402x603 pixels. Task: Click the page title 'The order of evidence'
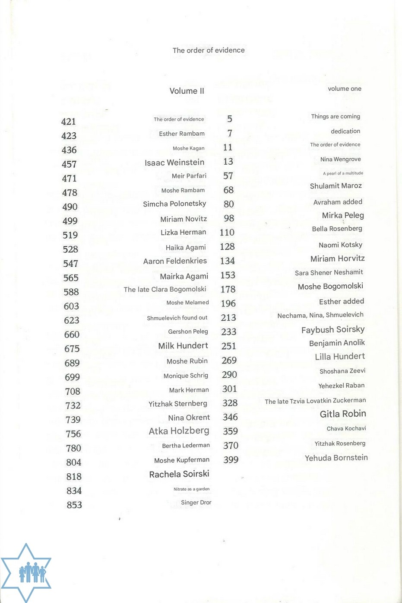209,50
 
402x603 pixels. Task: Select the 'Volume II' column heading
187,91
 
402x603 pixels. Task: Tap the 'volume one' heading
345,89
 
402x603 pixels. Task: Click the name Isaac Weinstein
174,163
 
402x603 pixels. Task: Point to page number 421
69,122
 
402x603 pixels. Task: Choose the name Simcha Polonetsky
174,204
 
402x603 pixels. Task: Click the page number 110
227,233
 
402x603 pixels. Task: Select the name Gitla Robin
343,414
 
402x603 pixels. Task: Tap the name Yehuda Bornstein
336,458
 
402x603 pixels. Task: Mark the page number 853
74,505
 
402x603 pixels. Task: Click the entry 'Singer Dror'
196,502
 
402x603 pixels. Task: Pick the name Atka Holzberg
179,431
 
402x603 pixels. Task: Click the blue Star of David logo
26,573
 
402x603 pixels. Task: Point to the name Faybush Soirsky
333,330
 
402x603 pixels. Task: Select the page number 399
231,460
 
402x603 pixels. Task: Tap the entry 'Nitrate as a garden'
191,489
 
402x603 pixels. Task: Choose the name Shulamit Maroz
336,186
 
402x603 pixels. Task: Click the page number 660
72,335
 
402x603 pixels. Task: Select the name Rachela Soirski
179,474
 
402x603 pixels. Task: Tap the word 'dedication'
345,131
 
